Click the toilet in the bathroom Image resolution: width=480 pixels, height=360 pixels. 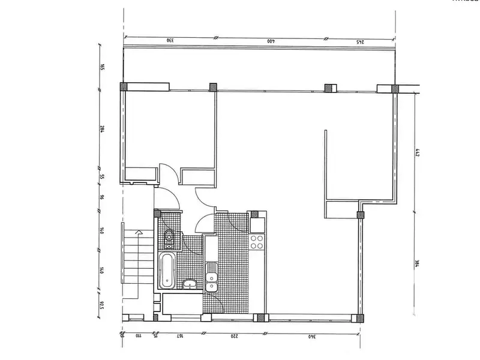[169, 239]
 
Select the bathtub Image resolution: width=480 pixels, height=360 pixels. [167, 270]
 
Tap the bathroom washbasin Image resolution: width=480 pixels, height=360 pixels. [188, 284]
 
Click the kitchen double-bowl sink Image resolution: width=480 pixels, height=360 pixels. [211, 281]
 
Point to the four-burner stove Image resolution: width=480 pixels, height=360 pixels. [257, 242]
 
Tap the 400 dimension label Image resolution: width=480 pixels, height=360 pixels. [271, 41]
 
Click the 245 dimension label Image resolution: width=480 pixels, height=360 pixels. [361, 41]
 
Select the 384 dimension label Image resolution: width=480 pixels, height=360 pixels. [416, 265]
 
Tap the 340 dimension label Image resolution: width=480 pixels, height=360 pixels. [311, 336]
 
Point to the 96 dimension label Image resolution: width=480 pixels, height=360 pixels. [103, 196]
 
